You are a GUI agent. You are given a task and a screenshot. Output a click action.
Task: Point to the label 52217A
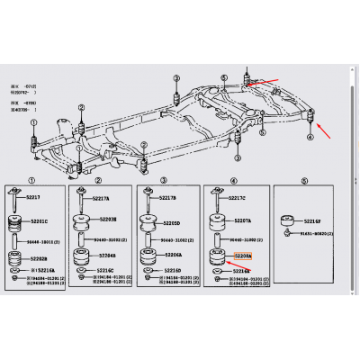(101, 198)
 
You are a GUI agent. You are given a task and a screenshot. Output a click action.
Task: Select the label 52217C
(236, 198)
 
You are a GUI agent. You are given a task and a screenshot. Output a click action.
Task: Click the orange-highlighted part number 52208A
(244, 256)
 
